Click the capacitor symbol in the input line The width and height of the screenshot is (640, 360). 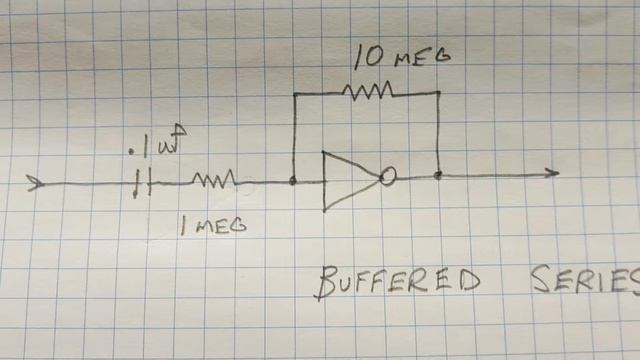pyautogui.click(x=144, y=183)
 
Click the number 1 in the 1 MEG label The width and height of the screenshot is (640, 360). pyautogui.click(x=183, y=227)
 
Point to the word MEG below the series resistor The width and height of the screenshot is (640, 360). pyautogui.click(x=220, y=226)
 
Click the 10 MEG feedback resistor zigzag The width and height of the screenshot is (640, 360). pyautogui.click(x=368, y=92)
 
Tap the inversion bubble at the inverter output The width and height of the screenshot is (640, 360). pyautogui.click(x=388, y=177)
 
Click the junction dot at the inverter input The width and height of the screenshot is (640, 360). pyautogui.click(x=292, y=181)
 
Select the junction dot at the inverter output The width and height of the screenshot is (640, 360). pyautogui.click(x=439, y=175)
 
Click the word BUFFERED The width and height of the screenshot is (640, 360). pyautogui.click(x=397, y=283)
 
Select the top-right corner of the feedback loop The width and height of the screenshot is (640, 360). pyautogui.click(x=439, y=92)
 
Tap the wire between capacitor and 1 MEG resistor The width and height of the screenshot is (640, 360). pyautogui.click(x=172, y=183)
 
